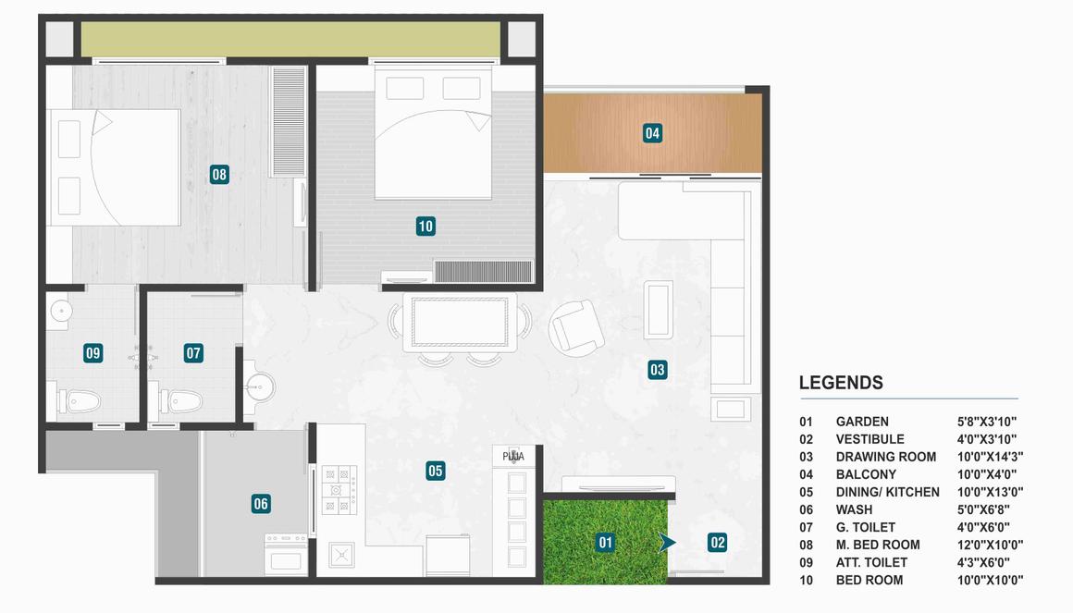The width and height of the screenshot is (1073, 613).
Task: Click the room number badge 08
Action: pos(219,174)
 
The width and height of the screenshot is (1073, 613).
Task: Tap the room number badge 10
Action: pos(425,226)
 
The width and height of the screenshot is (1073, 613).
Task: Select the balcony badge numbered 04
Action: pos(653,133)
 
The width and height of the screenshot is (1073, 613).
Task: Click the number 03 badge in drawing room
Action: pos(657,370)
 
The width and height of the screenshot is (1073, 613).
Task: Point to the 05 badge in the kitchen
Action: pos(436,471)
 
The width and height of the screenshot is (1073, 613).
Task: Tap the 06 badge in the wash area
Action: pos(261,504)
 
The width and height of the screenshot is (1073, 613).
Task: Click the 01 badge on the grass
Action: pos(605,543)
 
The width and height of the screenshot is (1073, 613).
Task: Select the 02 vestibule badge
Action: pos(718,543)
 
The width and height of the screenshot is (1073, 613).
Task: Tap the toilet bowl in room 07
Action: pos(182,401)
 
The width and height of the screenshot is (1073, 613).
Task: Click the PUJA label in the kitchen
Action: pos(513,456)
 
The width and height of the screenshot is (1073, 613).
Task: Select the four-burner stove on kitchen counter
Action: pos(338,490)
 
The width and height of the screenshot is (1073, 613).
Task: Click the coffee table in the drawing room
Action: pos(658,309)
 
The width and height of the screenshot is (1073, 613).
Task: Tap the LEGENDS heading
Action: pos(841,383)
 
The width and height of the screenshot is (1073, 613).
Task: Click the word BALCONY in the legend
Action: pos(866,474)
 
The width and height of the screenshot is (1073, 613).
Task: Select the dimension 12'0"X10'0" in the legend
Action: pos(990,545)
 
